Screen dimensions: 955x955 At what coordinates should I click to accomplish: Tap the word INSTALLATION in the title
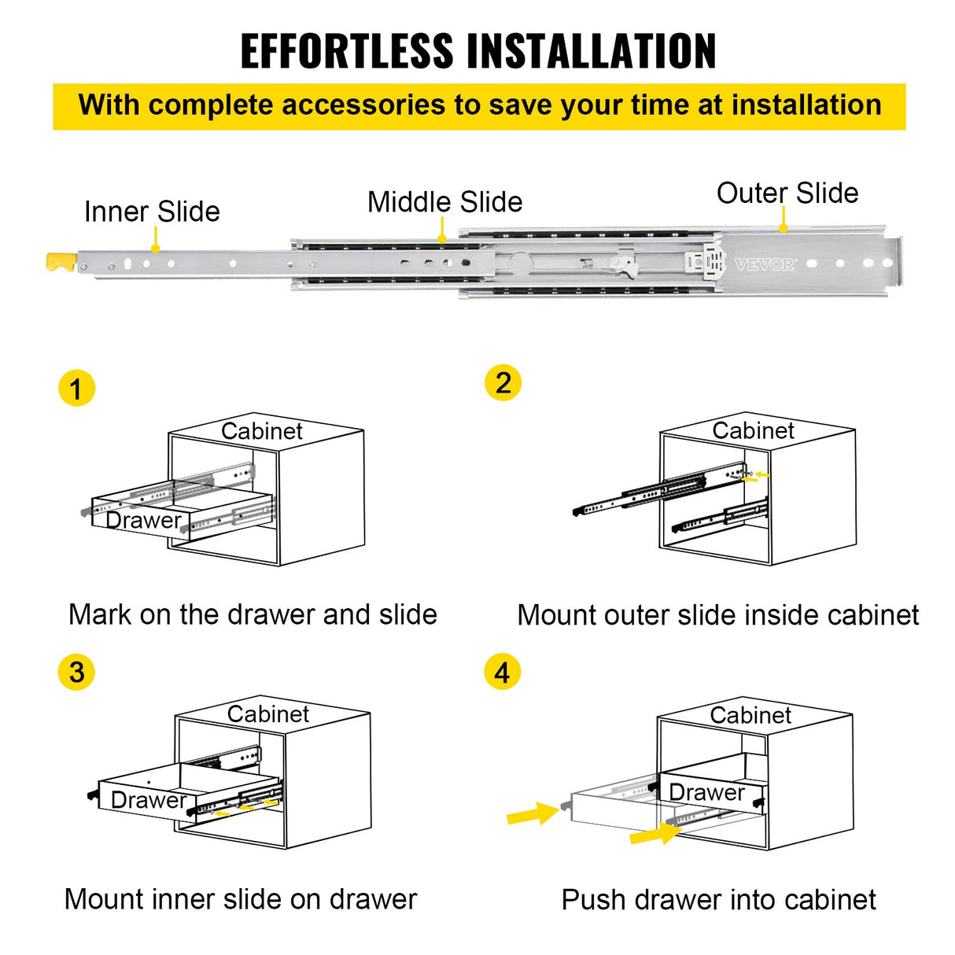[x=593, y=52]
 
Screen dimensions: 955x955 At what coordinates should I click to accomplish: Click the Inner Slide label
[x=152, y=212]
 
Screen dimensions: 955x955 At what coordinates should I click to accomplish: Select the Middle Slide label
[x=444, y=202]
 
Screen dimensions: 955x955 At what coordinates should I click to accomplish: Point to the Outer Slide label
[x=787, y=194]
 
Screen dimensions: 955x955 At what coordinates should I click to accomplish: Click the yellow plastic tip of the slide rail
[x=61, y=262]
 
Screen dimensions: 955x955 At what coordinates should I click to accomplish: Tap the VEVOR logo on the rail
[x=764, y=265]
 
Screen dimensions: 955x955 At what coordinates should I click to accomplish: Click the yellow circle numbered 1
[x=76, y=389]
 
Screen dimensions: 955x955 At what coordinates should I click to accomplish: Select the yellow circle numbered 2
[x=503, y=383]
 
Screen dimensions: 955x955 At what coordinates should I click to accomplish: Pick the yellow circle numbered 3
[x=76, y=673]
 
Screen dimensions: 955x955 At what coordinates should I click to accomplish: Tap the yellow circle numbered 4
[x=502, y=673]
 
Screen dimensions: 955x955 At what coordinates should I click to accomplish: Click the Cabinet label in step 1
[x=261, y=431]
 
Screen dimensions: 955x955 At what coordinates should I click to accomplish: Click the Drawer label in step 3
[x=148, y=800]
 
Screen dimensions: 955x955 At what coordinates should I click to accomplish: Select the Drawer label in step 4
[x=706, y=792]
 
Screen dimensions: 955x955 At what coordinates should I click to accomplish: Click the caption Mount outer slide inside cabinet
[x=717, y=615]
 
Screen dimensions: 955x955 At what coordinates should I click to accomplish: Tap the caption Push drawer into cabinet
[x=718, y=900]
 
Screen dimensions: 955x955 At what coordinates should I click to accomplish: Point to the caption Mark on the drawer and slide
[x=253, y=614]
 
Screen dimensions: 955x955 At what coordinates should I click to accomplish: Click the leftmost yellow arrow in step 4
[x=533, y=813]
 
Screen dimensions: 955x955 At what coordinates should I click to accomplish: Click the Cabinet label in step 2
[x=753, y=430]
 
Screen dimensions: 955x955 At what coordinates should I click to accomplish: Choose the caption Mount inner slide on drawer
[x=241, y=899]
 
